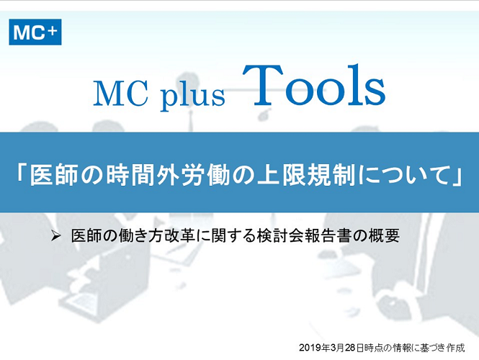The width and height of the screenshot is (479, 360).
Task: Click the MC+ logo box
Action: [x=35, y=32]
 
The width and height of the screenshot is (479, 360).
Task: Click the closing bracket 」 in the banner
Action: [x=457, y=176]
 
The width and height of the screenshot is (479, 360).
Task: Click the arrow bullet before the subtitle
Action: [x=55, y=235]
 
